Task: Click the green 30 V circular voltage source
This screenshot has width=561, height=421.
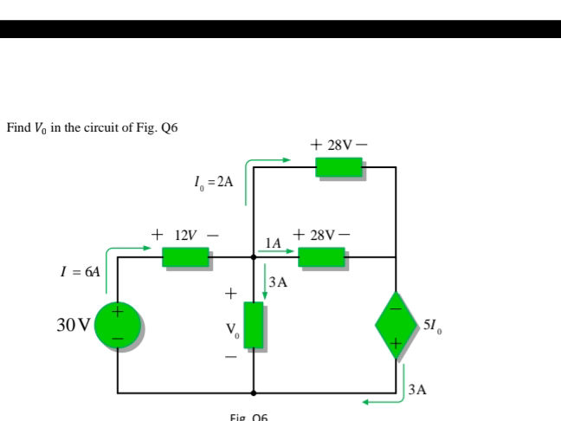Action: (118, 325)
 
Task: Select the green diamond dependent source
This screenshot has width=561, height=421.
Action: (396, 325)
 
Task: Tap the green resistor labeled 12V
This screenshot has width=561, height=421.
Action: (185, 256)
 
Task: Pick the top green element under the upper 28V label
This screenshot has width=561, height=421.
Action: (339, 166)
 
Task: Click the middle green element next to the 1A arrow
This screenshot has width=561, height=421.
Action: (321, 256)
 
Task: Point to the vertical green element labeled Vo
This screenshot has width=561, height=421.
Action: (253, 325)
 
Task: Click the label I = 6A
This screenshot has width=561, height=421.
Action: (79, 271)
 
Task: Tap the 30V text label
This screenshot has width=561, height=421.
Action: (73, 326)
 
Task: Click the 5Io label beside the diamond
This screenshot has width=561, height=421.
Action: (434, 326)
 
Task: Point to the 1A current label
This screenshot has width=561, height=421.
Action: (274, 243)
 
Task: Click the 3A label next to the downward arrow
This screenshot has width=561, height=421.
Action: (278, 282)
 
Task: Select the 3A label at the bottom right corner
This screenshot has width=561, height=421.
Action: (416, 390)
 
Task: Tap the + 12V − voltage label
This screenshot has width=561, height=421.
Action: (184, 235)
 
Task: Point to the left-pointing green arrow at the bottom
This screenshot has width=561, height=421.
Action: (379, 401)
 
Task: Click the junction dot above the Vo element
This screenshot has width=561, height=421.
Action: (253, 256)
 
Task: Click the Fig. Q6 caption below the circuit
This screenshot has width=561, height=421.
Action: (249, 417)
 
